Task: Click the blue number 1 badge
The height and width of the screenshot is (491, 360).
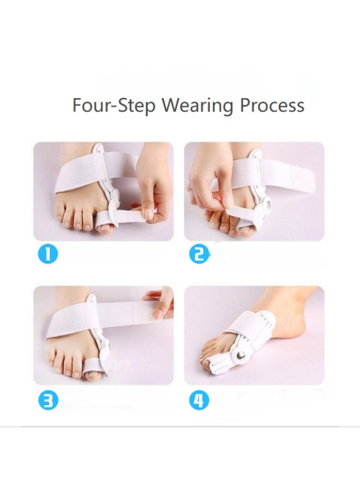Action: pos(47,254)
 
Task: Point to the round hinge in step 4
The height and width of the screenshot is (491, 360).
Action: pos(238,355)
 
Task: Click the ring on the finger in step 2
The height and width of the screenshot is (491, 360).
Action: pos(190,188)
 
